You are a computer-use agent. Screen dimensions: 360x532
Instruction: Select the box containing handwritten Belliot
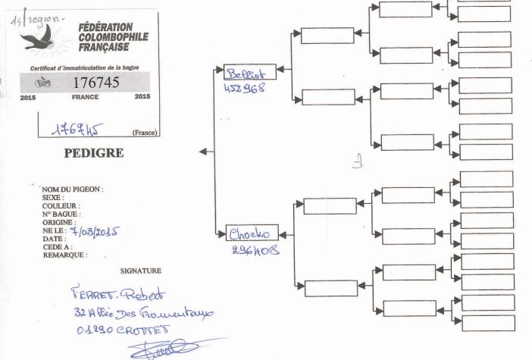coord(250,72)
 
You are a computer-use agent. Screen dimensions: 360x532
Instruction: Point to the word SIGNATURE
coord(141,270)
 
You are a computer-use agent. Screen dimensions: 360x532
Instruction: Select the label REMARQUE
coord(65,255)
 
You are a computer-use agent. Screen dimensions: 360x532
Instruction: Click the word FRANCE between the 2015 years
coord(85,98)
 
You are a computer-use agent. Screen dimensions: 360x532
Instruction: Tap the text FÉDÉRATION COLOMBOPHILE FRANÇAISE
coord(113,37)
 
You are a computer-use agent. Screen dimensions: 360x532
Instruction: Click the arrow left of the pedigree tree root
coord(204,152)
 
